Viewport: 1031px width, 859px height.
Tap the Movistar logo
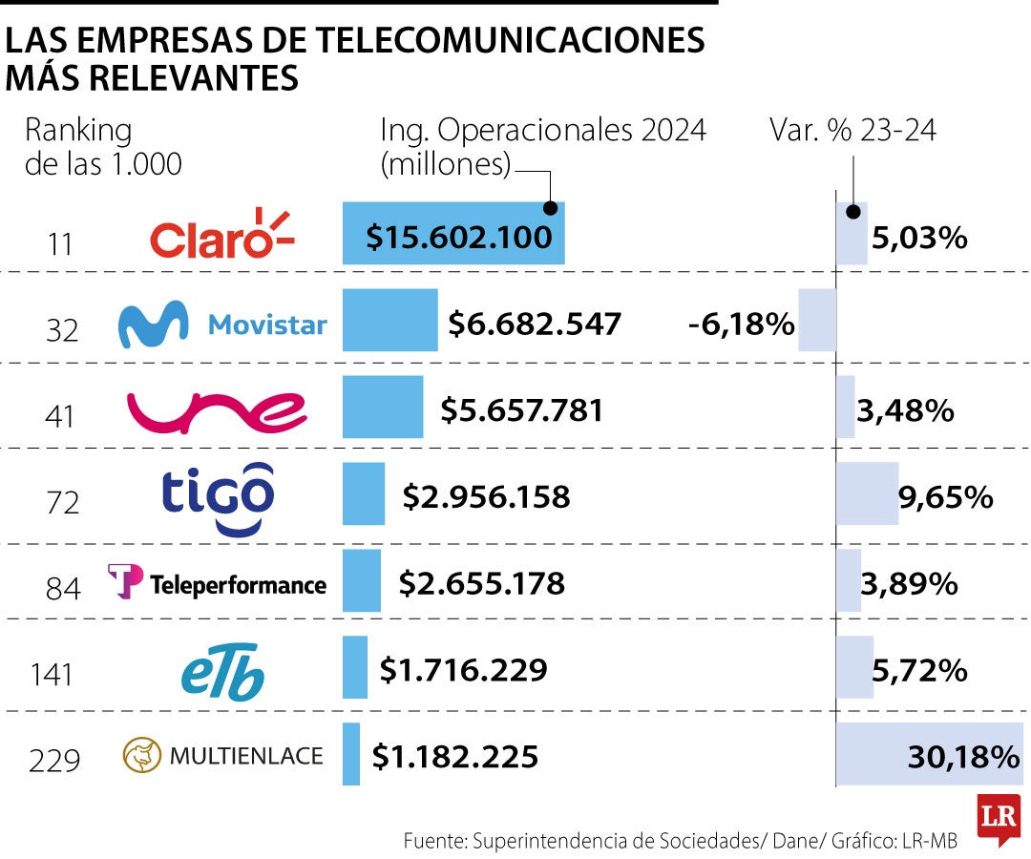[x=221, y=325]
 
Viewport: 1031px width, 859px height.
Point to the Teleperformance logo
[x=218, y=582]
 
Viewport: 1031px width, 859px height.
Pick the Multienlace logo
[x=223, y=757]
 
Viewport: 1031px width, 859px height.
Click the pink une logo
[x=218, y=411]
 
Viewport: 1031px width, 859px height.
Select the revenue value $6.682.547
[x=535, y=324]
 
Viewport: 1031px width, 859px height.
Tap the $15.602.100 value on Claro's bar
[x=458, y=236]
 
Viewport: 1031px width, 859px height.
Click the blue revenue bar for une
[x=382, y=407]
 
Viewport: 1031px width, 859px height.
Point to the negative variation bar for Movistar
[x=816, y=320]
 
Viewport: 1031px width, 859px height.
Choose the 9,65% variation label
[x=946, y=497]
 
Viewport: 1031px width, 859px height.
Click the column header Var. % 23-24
[x=852, y=131]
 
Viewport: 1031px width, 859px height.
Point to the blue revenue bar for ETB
[x=354, y=666]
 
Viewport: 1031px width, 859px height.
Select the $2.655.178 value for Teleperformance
[x=481, y=582]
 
